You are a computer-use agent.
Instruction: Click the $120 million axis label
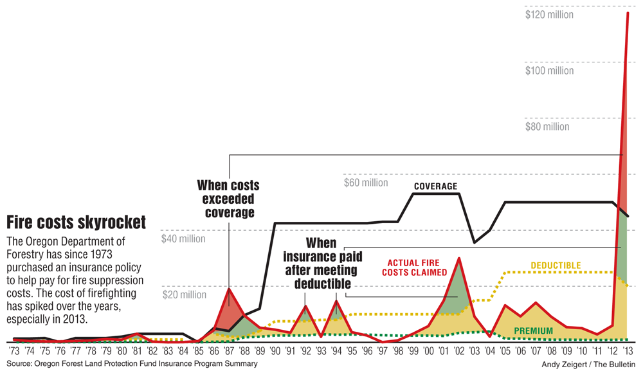[x=550, y=14]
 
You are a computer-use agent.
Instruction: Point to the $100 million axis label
[x=550, y=70]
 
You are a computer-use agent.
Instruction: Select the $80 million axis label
[x=547, y=127]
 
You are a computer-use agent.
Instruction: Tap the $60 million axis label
[x=366, y=183]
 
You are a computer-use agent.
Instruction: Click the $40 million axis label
[x=183, y=239]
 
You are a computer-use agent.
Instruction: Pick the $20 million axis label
[x=185, y=295]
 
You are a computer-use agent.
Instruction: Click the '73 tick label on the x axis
[x=14, y=352]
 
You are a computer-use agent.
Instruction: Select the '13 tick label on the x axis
[x=628, y=352]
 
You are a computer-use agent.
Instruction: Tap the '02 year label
[x=458, y=352]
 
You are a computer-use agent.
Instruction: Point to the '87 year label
[x=229, y=352]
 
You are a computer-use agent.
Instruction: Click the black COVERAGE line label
[x=435, y=187]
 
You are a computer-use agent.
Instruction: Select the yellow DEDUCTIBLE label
[x=556, y=266]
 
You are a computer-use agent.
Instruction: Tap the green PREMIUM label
[x=533, y=331]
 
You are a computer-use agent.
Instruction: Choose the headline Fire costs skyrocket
[x=76, y=222]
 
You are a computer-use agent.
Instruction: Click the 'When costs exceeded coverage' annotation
[x=228, y=199]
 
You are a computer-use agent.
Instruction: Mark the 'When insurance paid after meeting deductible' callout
[x=321, y=263]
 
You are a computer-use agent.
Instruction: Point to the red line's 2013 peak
[x=628, y=12]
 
